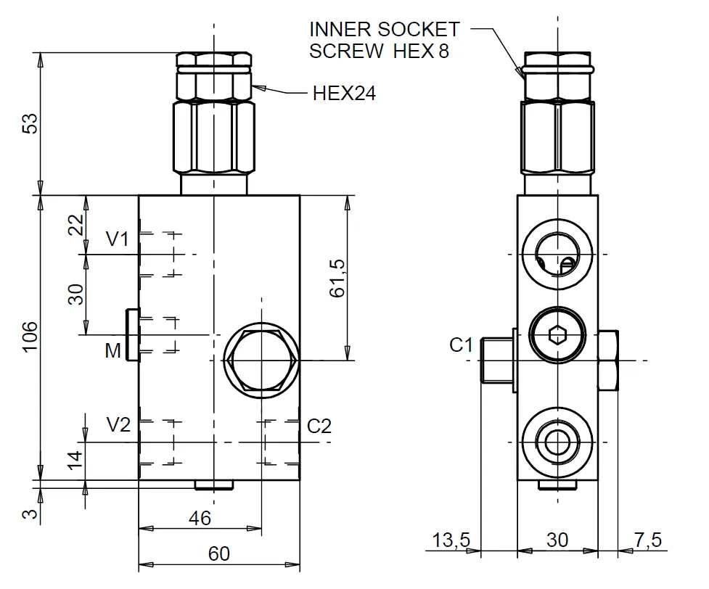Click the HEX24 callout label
[344, 93]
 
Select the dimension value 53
[28, 123]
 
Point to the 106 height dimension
[28, 337]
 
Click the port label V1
[118, 239]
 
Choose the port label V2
[119, 425]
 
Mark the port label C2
[319, 426]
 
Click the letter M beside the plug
[112, 352]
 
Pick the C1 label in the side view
[462, 345]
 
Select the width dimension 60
[218, 554]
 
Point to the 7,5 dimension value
[647, 540]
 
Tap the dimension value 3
[28, 514]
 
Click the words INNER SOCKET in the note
[384, 30]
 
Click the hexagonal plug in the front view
[261, 361]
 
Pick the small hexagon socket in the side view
[557, 334]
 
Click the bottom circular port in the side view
[557, 441]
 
